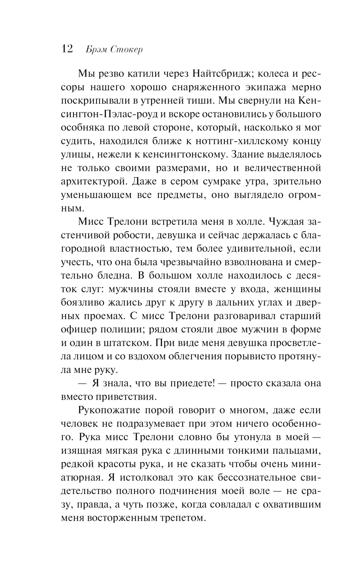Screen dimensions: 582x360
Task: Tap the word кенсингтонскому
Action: [x=189, y=155]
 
